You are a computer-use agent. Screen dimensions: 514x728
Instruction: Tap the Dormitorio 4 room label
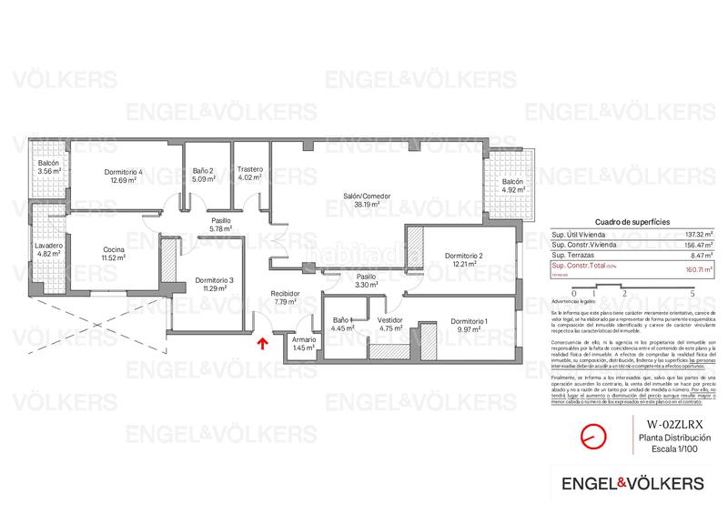123,171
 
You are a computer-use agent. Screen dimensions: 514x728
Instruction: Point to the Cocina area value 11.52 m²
114,258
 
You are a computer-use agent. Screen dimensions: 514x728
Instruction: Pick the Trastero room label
250,169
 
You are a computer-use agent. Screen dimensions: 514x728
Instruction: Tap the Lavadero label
48,247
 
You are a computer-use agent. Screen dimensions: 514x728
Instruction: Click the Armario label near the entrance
304,339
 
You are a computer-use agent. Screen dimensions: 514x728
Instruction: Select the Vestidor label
390,320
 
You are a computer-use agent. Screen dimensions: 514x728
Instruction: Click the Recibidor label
286,293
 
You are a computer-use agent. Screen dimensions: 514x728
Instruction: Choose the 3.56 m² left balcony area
49,171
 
